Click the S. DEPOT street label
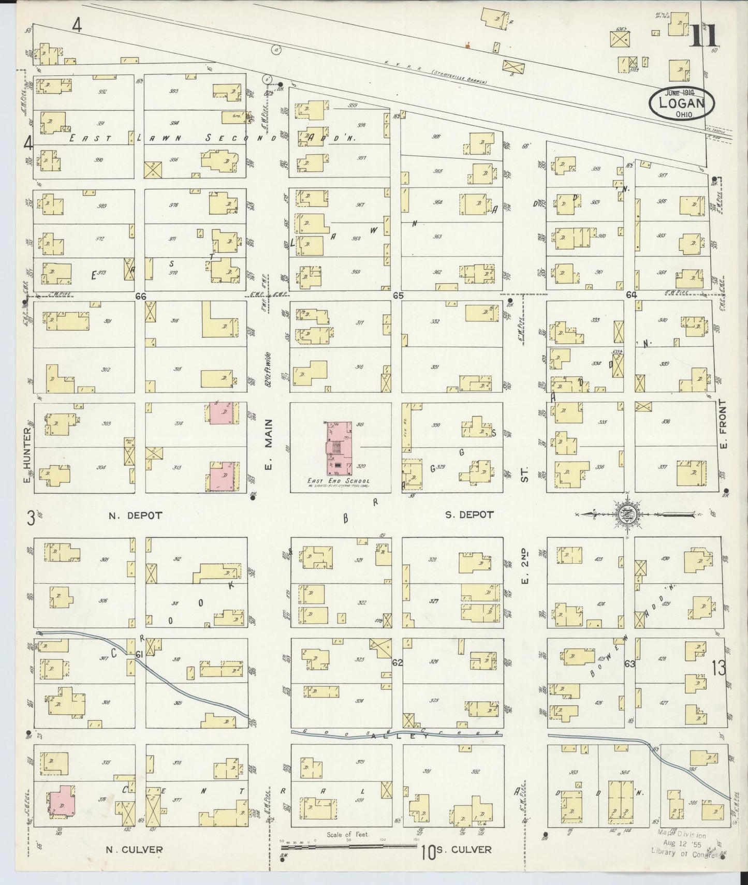(468, 515)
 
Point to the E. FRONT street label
(724, 424)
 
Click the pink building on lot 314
(222, 414)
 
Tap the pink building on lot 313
(222, 476)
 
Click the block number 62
(397, 663)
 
